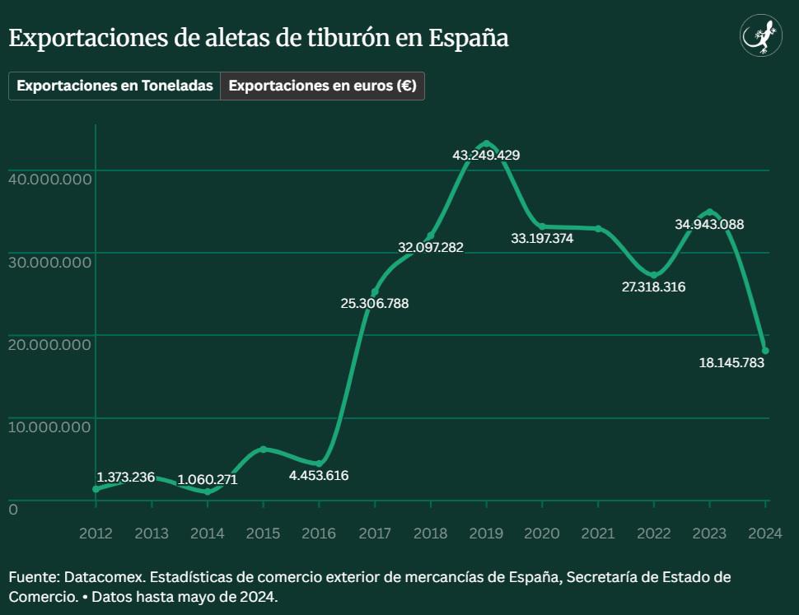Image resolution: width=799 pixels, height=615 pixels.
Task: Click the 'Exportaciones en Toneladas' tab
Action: [114, 86]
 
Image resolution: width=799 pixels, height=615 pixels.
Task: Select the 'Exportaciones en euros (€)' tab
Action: [322, 86]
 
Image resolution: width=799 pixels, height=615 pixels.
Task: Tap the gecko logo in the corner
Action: [761, 37]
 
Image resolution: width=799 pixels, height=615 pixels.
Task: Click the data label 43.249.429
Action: [486, 155]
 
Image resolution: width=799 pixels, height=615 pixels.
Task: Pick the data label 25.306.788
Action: [375, 303]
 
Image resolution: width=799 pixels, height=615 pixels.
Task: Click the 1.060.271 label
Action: [207, 479]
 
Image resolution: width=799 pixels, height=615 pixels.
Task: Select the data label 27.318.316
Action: [653, 287]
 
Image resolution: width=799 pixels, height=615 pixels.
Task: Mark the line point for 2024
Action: [765, 350]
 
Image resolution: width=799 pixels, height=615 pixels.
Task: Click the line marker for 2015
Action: [263, 449]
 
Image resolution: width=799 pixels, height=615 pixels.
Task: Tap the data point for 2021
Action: [598, 228]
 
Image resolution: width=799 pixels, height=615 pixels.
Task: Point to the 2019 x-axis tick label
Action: [486, 533]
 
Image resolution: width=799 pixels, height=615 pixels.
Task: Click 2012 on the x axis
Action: [96, 533]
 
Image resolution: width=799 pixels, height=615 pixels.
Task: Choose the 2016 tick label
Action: [319, 533]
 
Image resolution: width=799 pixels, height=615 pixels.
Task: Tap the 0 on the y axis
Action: [13, 510]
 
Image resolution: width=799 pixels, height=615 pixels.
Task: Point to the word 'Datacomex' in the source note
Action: [102, 577]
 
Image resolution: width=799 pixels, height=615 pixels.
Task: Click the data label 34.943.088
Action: [709, 224]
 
